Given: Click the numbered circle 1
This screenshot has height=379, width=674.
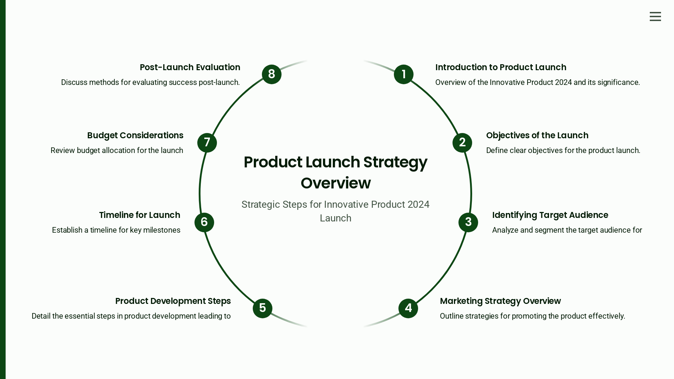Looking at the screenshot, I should coord(404,74).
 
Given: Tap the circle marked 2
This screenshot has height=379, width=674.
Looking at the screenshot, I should coord(462,143).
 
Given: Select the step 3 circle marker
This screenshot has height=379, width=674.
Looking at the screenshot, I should coord(468,222).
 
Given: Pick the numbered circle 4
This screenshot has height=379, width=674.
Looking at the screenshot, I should coord(408,308).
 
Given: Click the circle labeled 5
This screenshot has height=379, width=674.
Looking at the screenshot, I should coord(263,308).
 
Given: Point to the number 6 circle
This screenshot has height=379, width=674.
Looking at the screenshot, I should coord(204,222).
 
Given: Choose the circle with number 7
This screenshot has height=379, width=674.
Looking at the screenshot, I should coord(207,143).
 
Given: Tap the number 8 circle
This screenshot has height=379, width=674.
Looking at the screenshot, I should coord(272,74).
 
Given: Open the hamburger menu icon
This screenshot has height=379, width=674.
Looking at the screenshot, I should coord(655,16).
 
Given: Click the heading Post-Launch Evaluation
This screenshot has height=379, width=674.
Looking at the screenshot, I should coord(190,67).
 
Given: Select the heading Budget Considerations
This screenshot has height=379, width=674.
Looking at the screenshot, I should coord(135,135).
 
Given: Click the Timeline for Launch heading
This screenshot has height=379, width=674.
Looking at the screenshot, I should coord(139,215).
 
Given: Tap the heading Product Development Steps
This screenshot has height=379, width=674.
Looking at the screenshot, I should coord(173,301).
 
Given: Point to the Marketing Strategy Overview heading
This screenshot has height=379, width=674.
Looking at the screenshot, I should coord(500,301).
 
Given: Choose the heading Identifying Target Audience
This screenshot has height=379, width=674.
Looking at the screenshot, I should coord(550,215).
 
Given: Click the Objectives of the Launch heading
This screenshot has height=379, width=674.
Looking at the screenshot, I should coord(537,135).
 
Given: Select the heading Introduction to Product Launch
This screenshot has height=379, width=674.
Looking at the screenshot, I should coord(501,67).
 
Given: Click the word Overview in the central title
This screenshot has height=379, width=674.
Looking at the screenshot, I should coord(336,183).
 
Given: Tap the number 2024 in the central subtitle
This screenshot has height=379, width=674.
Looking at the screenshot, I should coord(418,205).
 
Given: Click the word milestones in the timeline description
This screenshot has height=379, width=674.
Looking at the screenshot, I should coord(162,230).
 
